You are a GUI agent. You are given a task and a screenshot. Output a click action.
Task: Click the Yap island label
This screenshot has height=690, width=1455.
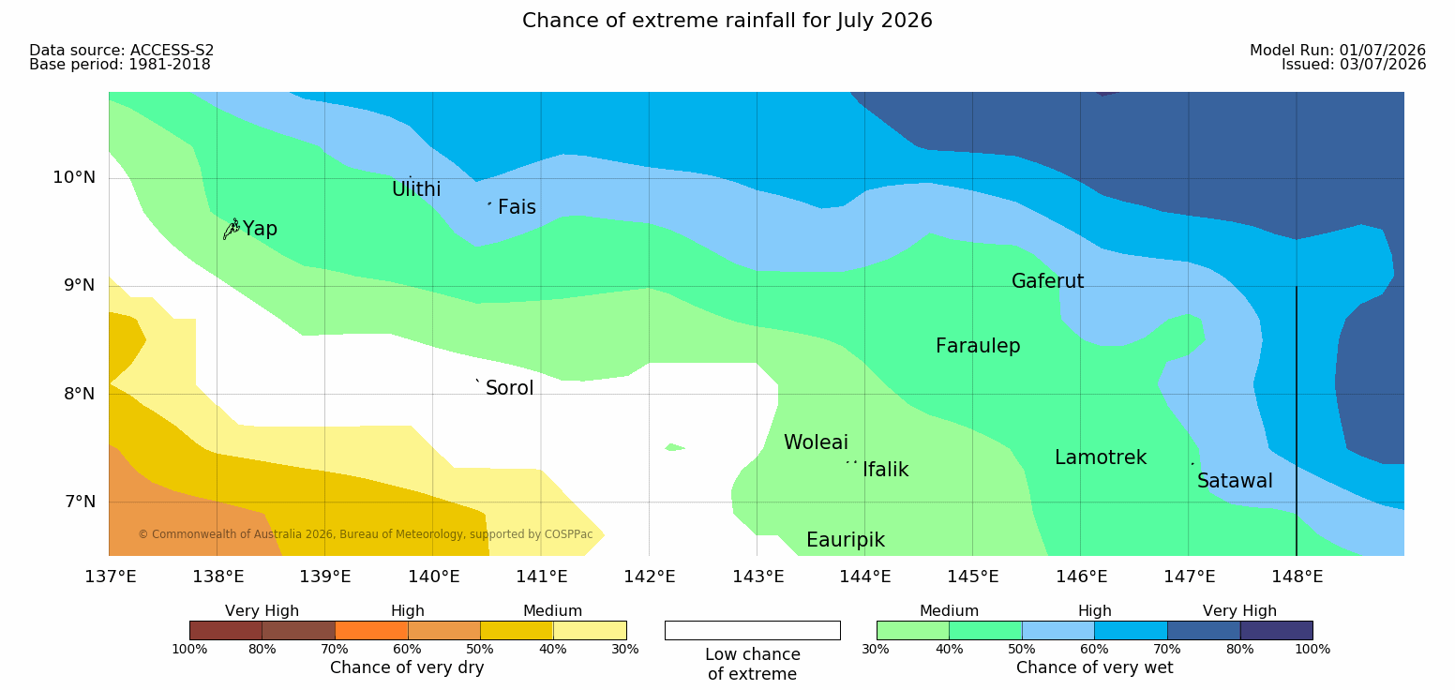pos(260,230)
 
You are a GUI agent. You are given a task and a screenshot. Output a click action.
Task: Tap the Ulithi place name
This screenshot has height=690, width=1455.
pos(416,189)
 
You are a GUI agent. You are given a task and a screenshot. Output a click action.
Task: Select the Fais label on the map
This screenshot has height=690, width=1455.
pos(517,207)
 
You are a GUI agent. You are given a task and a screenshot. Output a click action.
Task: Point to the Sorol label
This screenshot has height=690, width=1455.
pos(510,388)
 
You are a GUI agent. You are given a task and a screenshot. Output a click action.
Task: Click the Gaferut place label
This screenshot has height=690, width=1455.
pos(1048,281)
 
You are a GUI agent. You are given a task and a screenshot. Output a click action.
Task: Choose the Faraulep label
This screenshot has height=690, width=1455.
pos(978,346)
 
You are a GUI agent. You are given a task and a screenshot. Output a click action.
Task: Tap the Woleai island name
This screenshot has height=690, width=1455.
pos(816,442)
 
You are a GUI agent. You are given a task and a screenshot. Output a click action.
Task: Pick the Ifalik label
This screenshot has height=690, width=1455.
pos(885,469)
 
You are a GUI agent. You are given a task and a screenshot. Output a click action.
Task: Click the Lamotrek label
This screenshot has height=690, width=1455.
pos(1101,457)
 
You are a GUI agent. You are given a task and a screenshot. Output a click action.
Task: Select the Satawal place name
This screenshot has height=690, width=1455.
pos(1235,481)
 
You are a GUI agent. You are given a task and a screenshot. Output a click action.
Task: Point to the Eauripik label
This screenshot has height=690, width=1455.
pos(846,541)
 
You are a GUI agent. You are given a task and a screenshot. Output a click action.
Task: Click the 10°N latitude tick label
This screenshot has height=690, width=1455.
pos(74,177)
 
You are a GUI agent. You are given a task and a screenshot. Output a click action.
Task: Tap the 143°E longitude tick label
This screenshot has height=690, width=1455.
pos(758,577)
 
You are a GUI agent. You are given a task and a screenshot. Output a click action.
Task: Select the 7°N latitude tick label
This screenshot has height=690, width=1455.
pos(80,502)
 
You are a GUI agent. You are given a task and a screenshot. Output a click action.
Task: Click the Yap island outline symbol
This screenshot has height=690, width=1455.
pos(232,229)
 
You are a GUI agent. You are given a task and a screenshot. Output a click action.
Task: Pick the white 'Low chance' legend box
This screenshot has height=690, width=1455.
pos(753,630)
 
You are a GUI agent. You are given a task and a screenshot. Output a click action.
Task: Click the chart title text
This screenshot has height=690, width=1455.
pos(727,21)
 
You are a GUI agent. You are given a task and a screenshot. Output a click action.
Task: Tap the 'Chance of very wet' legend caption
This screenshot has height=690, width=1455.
pos(1094,667)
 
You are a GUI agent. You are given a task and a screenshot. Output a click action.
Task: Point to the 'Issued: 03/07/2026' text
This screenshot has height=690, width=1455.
pos(1354,65)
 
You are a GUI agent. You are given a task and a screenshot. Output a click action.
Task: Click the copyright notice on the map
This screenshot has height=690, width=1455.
pos(366,534)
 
